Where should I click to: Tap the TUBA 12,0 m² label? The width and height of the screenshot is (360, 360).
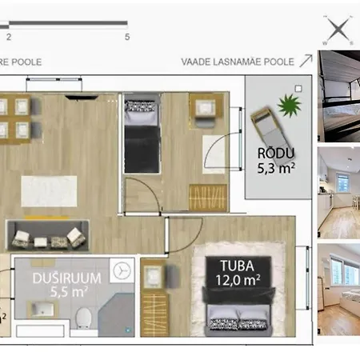238,273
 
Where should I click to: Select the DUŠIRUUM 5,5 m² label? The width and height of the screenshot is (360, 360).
67,285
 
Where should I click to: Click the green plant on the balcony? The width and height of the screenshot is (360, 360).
289,106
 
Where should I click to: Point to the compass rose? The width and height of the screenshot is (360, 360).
338,30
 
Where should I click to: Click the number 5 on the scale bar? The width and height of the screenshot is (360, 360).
127,37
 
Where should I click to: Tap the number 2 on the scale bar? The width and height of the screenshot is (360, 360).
9,37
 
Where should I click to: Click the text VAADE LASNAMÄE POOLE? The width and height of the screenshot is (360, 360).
238,62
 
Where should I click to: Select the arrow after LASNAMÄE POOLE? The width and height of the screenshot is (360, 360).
306,61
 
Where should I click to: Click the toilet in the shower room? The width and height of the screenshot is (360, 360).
83,318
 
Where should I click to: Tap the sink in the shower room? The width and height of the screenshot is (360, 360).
42,310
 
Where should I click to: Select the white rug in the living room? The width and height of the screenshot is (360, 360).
49,191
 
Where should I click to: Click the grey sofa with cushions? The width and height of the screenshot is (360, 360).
48,235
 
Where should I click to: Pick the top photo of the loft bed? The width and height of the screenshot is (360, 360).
338,96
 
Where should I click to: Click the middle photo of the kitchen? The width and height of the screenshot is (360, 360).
338,193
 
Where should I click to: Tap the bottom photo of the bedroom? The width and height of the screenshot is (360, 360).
338,290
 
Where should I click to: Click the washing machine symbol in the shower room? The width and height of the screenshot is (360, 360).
122,270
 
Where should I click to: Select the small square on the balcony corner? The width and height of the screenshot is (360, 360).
298,89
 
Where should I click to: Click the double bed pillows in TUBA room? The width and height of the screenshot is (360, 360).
238,324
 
